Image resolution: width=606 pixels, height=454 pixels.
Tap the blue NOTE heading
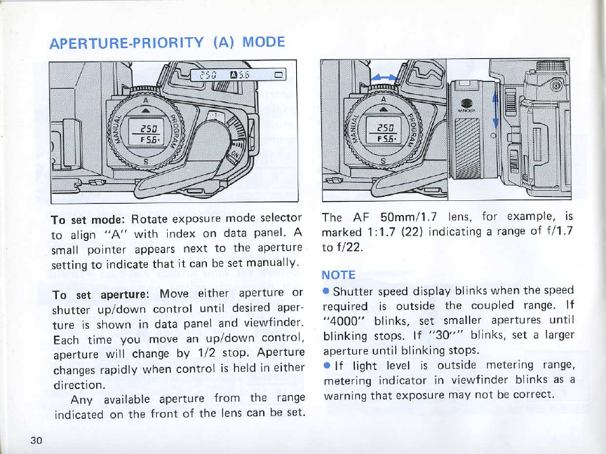[x=338, y=276]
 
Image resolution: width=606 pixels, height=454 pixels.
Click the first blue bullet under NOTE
[x=326, y=291]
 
